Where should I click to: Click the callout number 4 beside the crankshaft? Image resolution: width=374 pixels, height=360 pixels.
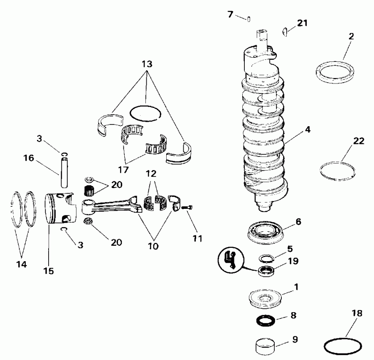pyautogui.click(x=307, y=130)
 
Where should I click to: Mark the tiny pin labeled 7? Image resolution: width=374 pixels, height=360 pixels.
pyautogui.click(x=248, y=18)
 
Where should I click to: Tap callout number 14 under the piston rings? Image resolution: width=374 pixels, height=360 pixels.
pyautogui.click(x=22, y=264)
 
